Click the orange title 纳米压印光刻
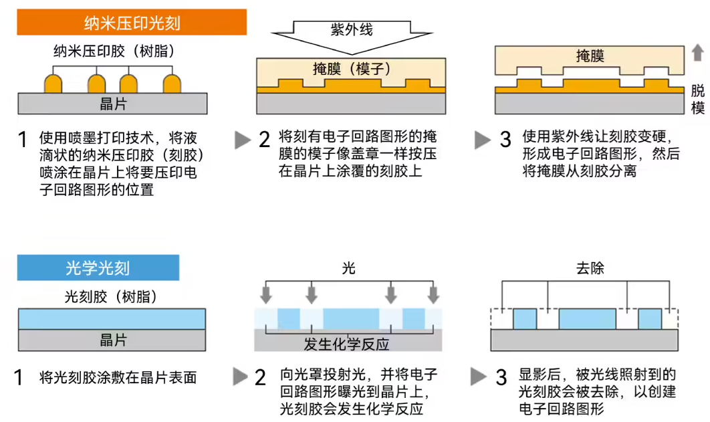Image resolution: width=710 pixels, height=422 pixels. [x=132, y=23]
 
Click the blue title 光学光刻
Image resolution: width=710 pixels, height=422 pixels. [x=98, y=268]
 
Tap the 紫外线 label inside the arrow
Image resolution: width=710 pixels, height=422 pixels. [x=352, y=30]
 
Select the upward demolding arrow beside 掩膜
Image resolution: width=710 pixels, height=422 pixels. [x=697, y=53]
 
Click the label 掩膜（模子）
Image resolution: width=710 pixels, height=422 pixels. [x=352, y=69]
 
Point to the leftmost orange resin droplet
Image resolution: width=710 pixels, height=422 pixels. [x=53, y=84]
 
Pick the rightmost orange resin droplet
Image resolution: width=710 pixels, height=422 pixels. [x=172, y=84]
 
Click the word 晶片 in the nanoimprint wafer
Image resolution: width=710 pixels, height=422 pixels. [x=113, y=104]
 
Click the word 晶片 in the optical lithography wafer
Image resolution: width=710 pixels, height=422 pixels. [x=113, y=340]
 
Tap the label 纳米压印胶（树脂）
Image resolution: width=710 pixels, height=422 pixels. [x=114, y=51]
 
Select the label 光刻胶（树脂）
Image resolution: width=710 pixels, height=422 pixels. [x=111, y=297]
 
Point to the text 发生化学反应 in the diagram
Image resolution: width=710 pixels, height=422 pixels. [x=346, y=344]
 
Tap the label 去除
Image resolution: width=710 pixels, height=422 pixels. [x=590, y=268]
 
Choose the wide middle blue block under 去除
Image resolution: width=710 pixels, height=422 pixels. [x=587, y=319]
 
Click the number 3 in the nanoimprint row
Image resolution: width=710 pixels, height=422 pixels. [x=505, y=140]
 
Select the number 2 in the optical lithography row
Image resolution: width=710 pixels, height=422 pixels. [x=260, y=378]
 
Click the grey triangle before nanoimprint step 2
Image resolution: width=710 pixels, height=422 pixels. [x=242, y=140]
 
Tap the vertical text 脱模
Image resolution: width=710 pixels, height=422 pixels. [x=698, y=100]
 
